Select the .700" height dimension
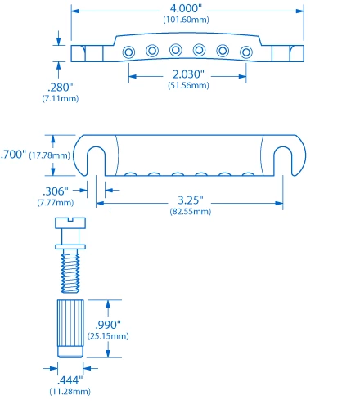13,154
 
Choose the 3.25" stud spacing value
190,200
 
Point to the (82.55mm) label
190,212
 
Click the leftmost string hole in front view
129,52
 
